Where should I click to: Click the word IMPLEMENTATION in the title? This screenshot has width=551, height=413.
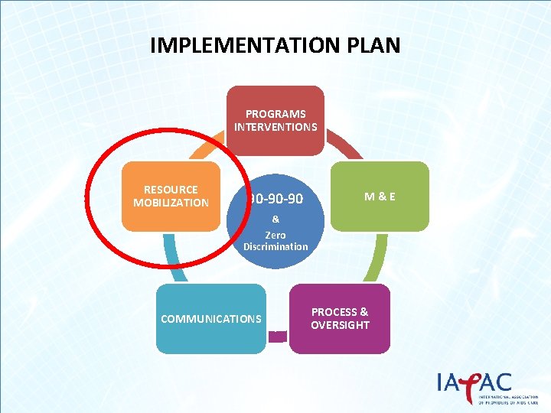pos(239,45)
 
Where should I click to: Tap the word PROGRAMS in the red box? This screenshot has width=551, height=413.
pos(275,114)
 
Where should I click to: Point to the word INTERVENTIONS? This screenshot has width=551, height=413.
pos(275,126)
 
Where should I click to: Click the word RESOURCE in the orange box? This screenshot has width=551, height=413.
pos(171,190)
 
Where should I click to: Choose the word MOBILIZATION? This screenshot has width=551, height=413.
pos(171,203)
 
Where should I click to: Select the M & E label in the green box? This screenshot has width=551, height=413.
pos(380,196)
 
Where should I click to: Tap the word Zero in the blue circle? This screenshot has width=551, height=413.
pos(275,235)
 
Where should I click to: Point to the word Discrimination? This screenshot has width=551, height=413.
pos(275,246)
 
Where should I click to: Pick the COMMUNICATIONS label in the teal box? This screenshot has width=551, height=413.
pos(211,319)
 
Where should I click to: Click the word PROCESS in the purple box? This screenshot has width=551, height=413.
pos(340,312)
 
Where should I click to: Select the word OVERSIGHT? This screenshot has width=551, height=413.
pos(340,325)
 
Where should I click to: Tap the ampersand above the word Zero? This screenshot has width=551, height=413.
pos(275,219)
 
